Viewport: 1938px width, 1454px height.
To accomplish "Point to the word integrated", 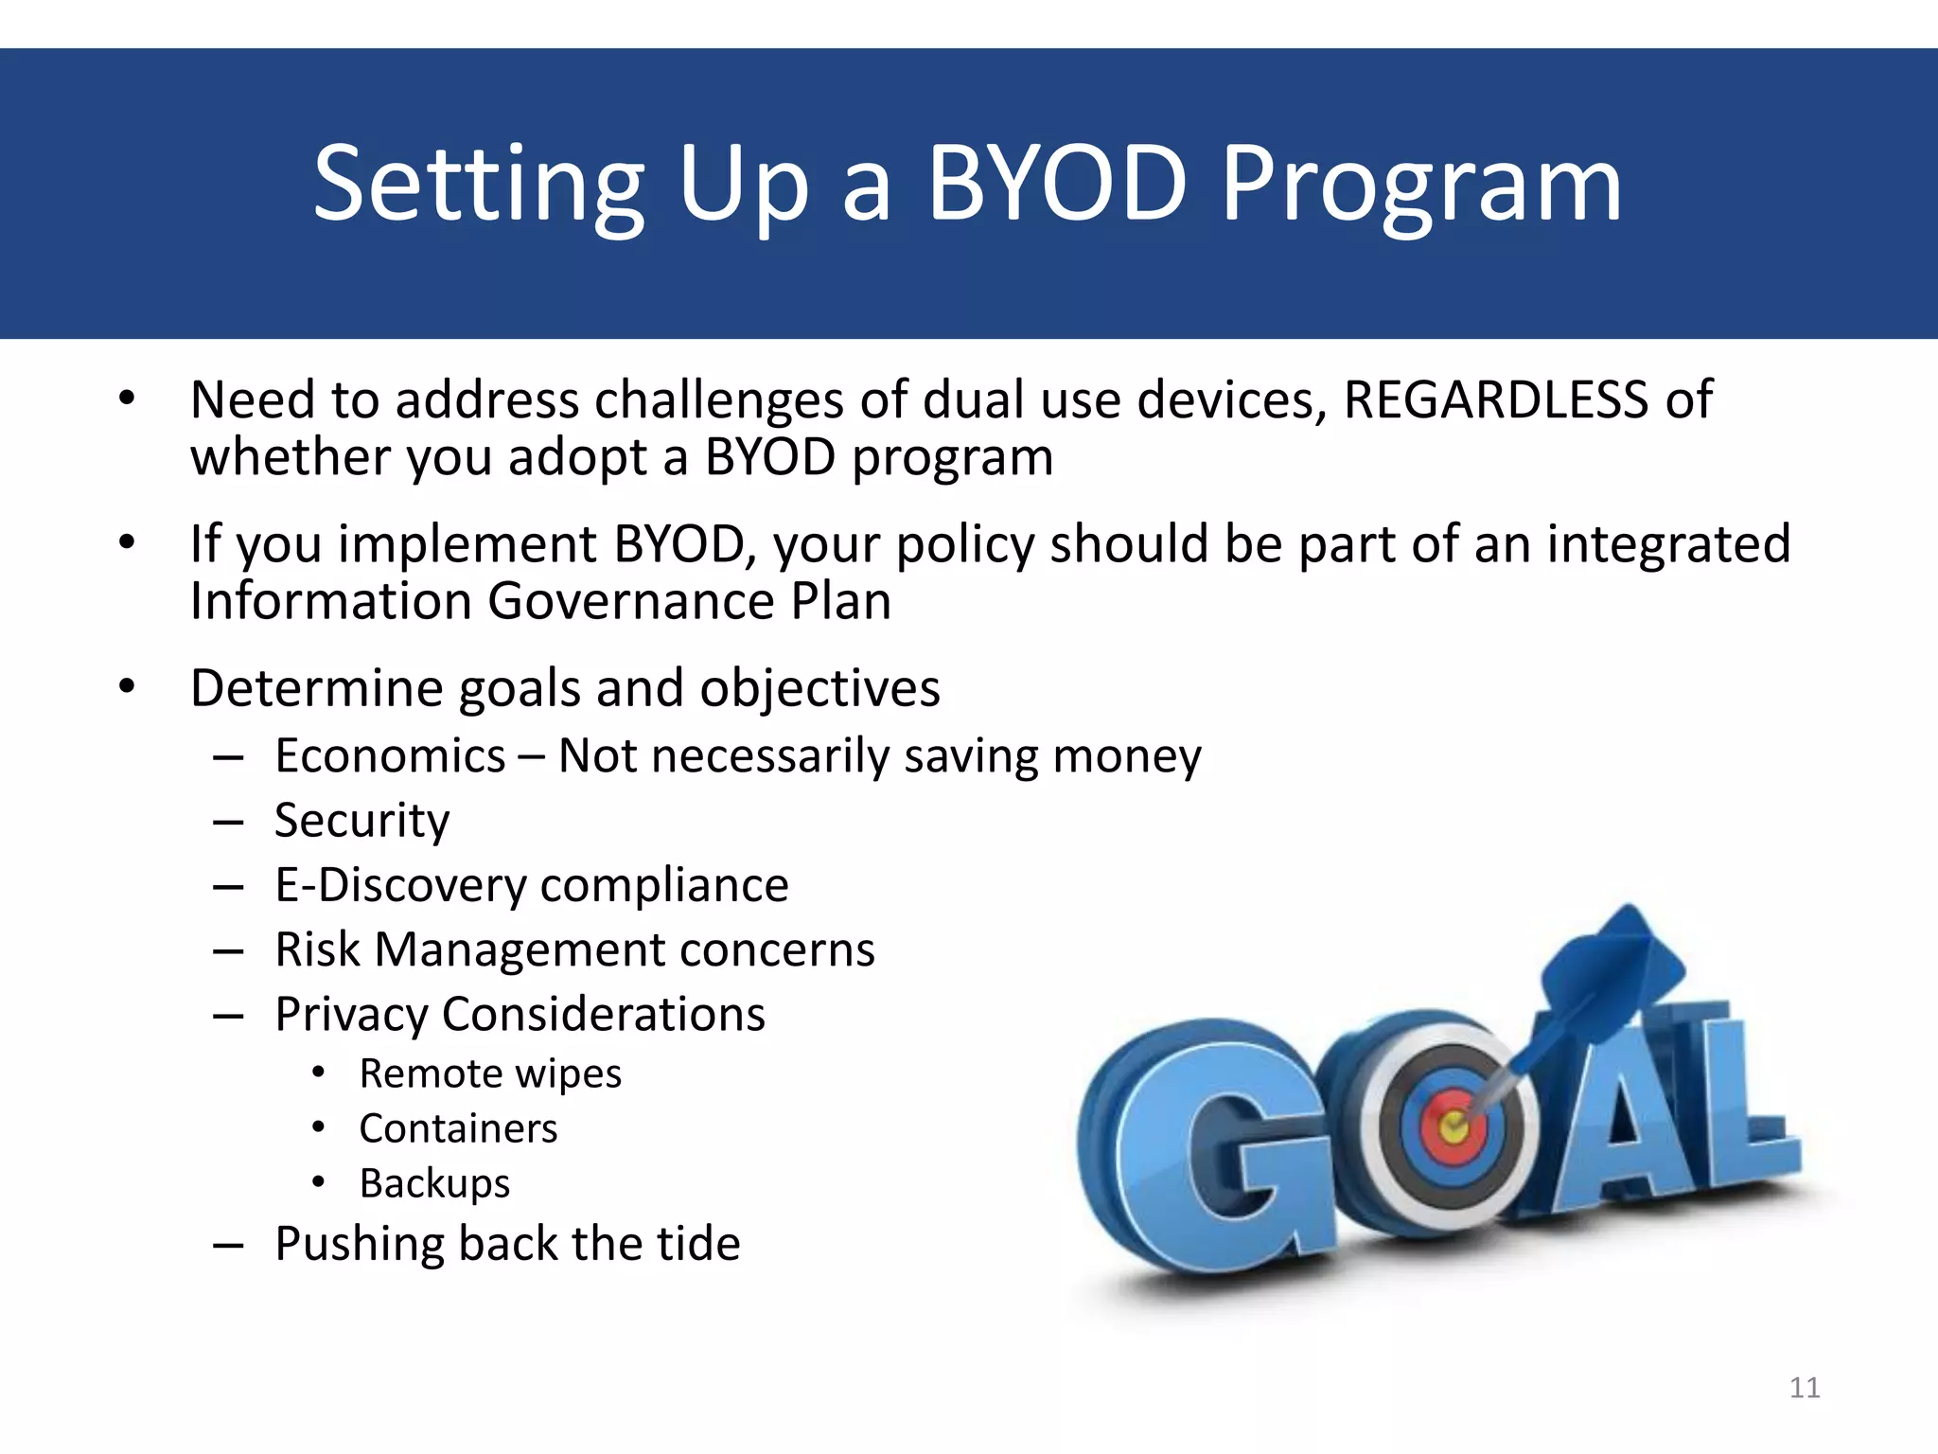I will (x=1668, y=544).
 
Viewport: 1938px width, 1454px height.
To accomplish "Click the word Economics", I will (x=390, y=756).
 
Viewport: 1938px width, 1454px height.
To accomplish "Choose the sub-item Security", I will (x=361, y=821).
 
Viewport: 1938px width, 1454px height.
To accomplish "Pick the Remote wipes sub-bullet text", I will (x=490, y=1073).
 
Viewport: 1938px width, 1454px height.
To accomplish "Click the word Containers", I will (x=458, y=1128).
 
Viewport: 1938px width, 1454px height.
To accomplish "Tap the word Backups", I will (x=434, y=1183).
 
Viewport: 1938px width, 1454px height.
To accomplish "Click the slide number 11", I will (x=1805, y=1388).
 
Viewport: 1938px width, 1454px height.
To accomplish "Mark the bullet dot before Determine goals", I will (x=128, y=688).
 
